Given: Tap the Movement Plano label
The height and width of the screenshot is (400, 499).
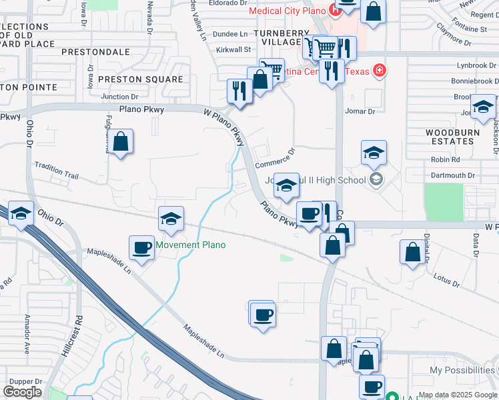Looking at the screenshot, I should coord(191,245).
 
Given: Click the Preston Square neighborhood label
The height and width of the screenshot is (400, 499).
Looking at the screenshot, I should coord(140,79).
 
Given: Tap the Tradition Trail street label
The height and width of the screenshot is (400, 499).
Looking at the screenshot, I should coord(57,171).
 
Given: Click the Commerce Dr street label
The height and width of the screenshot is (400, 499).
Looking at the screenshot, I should coord(274,159).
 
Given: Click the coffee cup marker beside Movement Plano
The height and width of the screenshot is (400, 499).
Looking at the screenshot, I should coord(141,248).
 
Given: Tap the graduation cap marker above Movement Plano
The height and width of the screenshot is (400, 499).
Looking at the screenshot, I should coord(171,218).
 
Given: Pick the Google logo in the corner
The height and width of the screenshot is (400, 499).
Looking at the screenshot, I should coord(22,392).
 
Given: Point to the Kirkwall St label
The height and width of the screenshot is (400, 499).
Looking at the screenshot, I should coord(233,49).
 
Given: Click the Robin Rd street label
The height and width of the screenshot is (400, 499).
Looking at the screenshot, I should coord(445,160).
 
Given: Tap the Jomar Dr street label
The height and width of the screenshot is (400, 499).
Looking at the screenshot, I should coord(360,111).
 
